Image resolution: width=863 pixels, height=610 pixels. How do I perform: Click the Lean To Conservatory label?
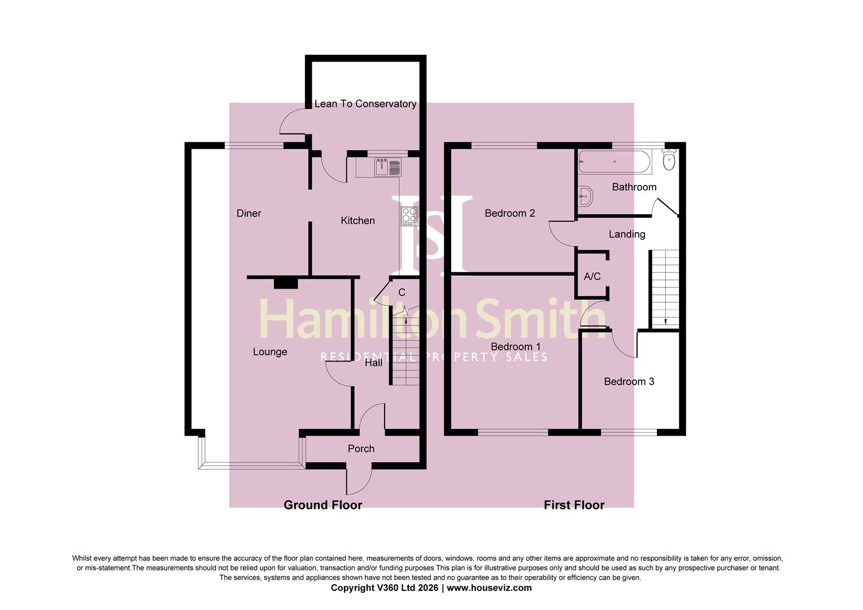(365, 104)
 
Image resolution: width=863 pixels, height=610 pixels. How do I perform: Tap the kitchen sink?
(388, 167)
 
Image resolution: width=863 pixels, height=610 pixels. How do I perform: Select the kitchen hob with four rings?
(409, 216)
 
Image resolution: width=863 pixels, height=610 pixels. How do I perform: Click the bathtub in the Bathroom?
(615, 162)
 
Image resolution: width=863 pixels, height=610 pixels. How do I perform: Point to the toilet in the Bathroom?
(669, 160)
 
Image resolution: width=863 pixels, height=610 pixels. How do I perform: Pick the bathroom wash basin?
(585, 196)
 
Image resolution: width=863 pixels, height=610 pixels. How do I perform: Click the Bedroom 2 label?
(509, 213)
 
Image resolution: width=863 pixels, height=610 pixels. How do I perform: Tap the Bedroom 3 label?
(629, 381)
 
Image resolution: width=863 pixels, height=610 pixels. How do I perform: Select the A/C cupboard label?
(592, 276)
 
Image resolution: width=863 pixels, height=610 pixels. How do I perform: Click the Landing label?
(627, 234)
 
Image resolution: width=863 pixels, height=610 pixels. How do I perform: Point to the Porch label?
(361, 448)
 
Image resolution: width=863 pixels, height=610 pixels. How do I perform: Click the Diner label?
(249, 213)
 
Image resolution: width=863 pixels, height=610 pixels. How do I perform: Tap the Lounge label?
(270, 352)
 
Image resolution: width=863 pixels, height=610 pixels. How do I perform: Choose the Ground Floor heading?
(323, 505)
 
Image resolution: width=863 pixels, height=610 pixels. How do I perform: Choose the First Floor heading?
(574, 505)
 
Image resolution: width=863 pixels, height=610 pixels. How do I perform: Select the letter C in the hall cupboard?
(402, 293)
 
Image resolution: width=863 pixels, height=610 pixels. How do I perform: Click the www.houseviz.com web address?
(489, 587)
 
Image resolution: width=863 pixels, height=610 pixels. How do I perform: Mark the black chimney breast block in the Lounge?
(286, 283)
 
